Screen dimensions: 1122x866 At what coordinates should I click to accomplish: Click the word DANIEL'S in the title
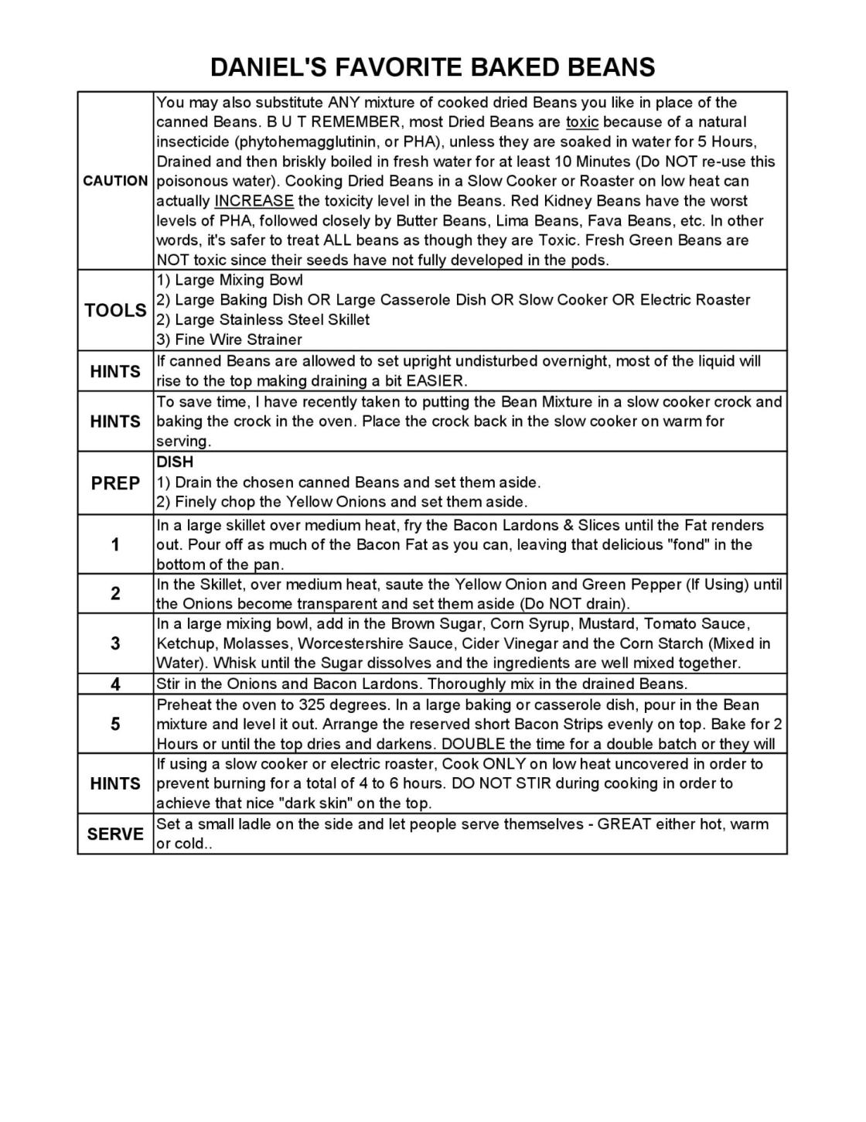259,67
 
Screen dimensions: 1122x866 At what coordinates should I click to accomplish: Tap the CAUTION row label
115,181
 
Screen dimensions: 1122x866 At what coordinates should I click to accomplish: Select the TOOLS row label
115,310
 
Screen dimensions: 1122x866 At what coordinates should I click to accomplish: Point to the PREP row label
115,483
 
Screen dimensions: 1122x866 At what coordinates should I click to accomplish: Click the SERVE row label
115,834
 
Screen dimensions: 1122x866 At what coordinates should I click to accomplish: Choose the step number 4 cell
115,684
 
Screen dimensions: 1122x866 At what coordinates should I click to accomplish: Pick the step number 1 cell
115,544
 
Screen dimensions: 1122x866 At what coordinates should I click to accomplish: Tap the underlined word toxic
582,122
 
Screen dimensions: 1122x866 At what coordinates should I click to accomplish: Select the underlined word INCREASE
254,201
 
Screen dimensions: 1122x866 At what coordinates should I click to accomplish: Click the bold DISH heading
175,462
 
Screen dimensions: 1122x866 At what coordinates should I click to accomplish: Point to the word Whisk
234,663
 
